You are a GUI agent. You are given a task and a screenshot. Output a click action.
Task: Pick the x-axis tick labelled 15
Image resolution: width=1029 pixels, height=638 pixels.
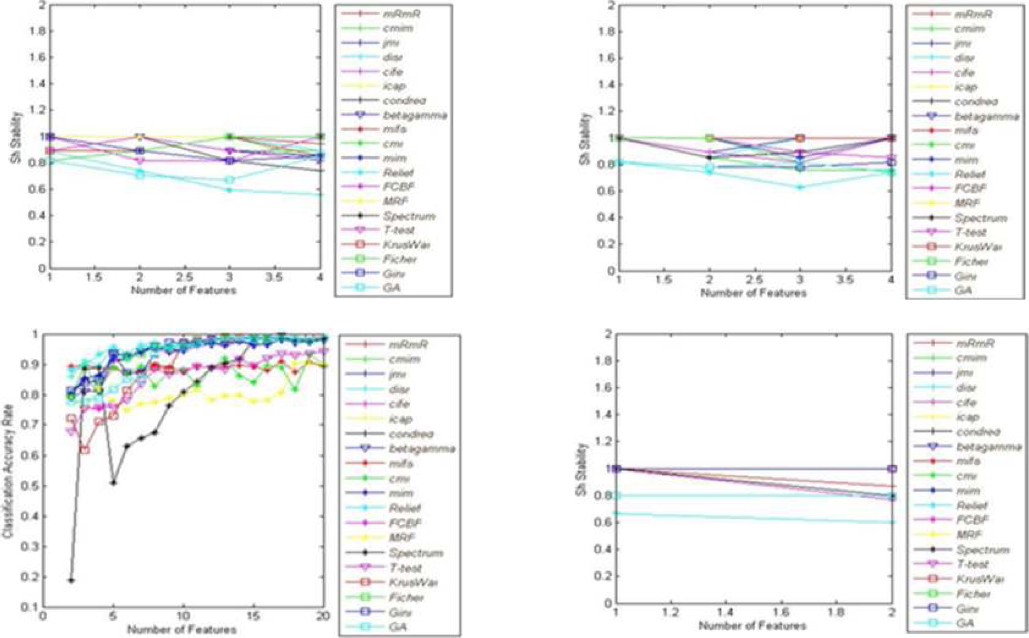tap(253, 616)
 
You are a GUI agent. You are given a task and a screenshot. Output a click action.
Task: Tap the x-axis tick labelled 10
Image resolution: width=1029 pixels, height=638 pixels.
tap(183, 616)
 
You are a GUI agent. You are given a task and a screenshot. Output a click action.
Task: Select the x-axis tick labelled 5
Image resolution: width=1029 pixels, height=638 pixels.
tap(113, 616)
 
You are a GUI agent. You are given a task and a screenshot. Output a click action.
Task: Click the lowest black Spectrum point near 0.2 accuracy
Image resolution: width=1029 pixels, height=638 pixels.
tap(71, 580)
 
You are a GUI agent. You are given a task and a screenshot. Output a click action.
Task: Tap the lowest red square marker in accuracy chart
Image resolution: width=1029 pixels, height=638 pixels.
tap(85, 450)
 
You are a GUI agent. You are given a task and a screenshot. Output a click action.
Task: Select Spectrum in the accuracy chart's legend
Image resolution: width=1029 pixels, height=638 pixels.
tap(415, 553)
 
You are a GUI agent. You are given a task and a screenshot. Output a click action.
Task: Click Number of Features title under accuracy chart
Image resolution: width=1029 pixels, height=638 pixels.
tap(182, 630)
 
